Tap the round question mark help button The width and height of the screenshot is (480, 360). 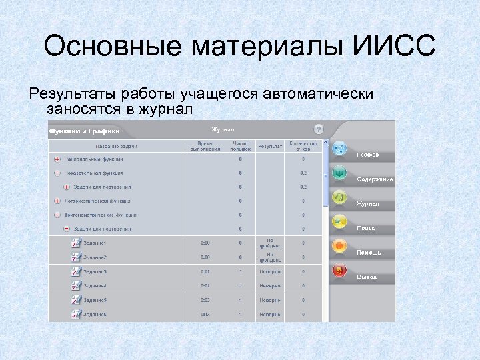pos(319,129)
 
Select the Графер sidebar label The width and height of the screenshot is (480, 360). pos(367,155)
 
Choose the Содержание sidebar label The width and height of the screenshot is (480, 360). pos(375,179)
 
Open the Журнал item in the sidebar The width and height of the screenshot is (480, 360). pos(367,204)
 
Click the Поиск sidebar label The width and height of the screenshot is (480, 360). pos(365,228)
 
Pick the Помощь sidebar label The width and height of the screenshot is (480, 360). pos(369,253)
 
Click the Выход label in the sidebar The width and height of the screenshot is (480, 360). pos(367,277)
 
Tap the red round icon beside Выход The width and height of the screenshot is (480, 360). pos(339,271)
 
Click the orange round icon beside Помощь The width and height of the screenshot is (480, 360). pos(339,246)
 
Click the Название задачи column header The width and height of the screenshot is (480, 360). pos(116,146)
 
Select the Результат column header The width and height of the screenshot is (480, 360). pos(270,145)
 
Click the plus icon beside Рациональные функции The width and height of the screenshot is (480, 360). pos(57,159)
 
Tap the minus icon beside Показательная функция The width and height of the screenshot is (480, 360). pos(57,173)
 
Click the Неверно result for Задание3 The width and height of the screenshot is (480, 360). pos(270,272)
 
